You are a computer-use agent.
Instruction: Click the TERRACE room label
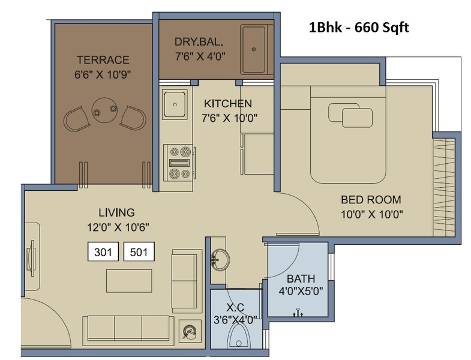click(103, 60)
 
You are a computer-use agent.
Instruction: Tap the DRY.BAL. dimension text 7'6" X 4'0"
click(200, 56)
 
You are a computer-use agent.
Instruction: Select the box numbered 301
click(103, 251)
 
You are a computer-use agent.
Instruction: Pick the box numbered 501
click(139, 251)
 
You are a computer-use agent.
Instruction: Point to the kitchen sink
click(175, 104)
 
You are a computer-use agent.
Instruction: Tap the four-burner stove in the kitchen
click(179, 163)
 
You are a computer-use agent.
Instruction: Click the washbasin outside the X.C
click(220, 259)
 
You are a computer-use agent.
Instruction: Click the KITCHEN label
click(227, 104)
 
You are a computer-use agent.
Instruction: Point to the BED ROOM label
click(371, 200)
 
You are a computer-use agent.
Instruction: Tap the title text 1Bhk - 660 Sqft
click(359, 28)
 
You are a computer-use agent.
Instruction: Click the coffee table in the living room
click(129, 281)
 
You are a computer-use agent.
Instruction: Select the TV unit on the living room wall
click(31, 257)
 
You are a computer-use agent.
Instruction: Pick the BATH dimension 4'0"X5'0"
click(301, 291)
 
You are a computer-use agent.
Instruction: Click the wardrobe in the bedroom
click(444, 187)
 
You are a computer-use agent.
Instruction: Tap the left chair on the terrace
click(77, 119)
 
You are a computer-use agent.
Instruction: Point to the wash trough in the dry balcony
click(256, 50)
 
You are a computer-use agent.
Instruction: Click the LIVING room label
click(116, 212)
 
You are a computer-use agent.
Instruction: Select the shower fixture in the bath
click(298, 313)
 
